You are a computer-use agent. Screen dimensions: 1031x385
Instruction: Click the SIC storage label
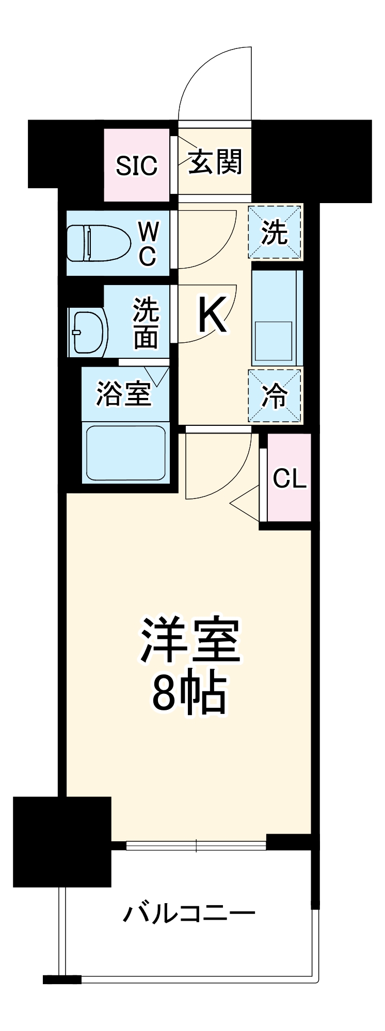136,166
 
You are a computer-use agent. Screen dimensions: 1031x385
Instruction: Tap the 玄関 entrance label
215,162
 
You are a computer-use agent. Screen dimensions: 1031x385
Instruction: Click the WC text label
148,243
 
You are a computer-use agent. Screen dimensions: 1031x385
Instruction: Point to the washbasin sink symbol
86,332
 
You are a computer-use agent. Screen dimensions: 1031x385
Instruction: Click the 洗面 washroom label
146,324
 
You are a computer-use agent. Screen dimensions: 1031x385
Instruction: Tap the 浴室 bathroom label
123,394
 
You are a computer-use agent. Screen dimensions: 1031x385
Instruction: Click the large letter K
212,316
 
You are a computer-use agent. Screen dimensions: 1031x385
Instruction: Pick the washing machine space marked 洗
275,232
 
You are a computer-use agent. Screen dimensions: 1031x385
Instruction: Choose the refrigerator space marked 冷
275,396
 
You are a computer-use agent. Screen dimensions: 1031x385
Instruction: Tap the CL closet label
290,478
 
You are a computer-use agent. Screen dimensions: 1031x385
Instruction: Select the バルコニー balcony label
189,914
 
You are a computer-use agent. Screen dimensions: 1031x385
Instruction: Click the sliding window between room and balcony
196,845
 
